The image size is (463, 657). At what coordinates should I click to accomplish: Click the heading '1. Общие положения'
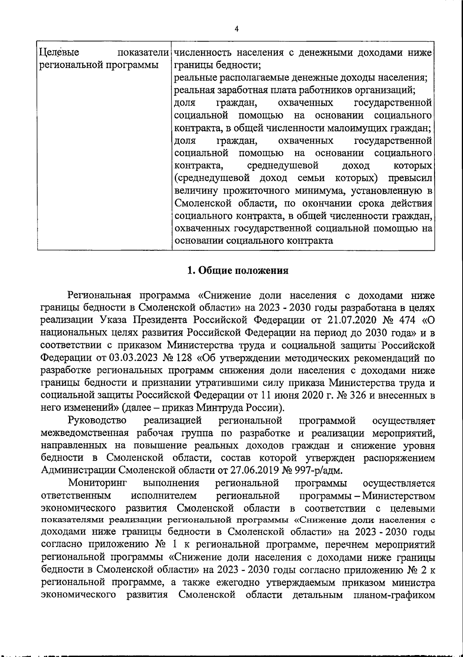point(238,270)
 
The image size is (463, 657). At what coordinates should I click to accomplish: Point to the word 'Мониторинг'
point(98,483)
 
